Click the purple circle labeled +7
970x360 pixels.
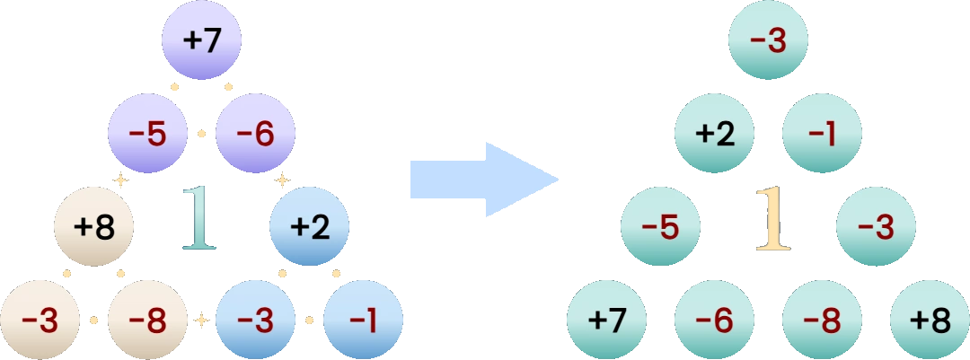(202, 40)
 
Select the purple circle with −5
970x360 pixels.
(148, 134)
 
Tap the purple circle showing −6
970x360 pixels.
(255, 134)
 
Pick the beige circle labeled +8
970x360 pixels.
(94, 227)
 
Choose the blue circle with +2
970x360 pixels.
(309, 227)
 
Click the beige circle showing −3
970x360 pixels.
(40, 320)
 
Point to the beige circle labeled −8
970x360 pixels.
(148, 320)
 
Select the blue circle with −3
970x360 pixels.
(255, 320)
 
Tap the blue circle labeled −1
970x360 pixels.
(363, 320)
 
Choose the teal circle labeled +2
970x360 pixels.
(715, 134)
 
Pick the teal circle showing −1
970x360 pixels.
(822, 134)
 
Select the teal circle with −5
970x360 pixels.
(661, 227)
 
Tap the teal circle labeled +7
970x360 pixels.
(607, 320)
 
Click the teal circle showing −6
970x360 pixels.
(715, 320)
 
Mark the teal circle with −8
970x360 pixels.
(822, 320)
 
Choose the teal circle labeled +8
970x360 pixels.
(930, 320)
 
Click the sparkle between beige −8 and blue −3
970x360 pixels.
(202, 320)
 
